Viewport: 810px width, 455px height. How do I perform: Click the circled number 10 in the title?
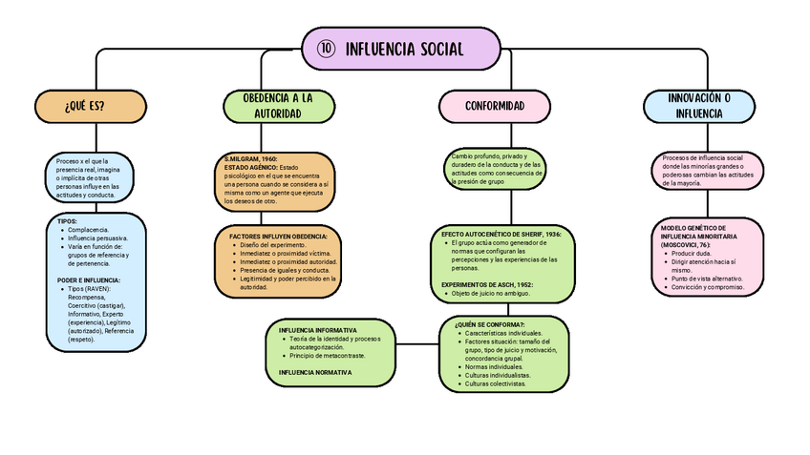(325, 49)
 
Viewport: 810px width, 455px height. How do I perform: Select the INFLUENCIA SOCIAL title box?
(401, 49)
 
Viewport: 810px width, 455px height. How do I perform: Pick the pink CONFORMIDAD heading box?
(494, 105)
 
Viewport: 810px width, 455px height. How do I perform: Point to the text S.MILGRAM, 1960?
(250, 158)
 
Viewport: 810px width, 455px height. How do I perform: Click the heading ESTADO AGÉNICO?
(250, 167)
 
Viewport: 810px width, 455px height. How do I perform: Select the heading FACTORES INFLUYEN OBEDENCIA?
(278, 236)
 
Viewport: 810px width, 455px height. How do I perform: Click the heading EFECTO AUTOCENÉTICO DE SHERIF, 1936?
(501, 234)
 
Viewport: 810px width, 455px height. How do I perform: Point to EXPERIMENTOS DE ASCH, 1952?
(487, 284)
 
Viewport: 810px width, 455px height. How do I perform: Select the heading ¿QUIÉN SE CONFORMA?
(489, 324)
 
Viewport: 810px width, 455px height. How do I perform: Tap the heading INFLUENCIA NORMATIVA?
(315, 371)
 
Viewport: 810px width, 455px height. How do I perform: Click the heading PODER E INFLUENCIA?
(88, 280)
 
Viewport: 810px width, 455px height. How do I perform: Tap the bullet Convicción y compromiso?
(707, 286)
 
